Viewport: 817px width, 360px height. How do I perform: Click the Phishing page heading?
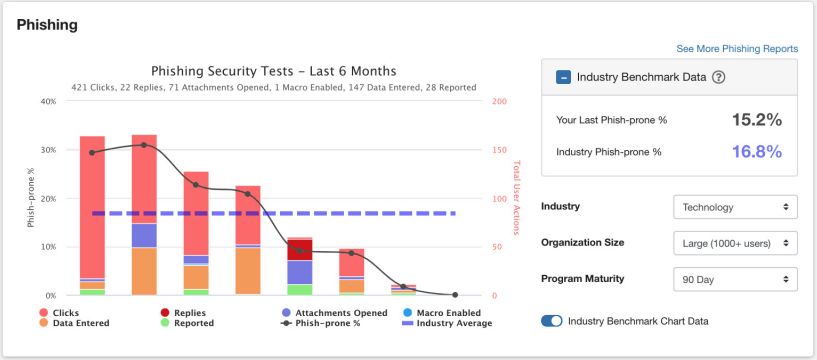tap(47, 24)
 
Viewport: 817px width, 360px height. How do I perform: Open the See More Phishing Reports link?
tap(736, 48)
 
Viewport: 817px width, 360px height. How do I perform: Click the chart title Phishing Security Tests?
tap(273, 71)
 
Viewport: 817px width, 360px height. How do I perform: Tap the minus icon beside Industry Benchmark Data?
tap(564, 77)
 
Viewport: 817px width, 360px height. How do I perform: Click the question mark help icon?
tap(718, 78)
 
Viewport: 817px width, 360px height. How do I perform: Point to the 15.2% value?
tap(755, 120)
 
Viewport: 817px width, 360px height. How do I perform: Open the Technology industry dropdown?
tap(735, 208)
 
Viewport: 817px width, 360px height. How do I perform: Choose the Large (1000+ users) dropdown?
tap(735, 242)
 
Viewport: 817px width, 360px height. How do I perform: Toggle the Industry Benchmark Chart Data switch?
tap(551, 321)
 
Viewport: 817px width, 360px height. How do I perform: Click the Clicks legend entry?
tap(61, 312)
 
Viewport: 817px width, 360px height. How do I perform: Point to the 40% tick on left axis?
tap(46, 101)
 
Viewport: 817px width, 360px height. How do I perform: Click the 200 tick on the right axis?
tap(500, 101)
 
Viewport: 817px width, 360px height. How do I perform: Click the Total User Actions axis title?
tap(517, 198)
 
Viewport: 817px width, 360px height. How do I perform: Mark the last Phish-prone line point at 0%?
tap(455, 295)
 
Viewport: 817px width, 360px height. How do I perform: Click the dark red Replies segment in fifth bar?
tap(299, 250)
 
